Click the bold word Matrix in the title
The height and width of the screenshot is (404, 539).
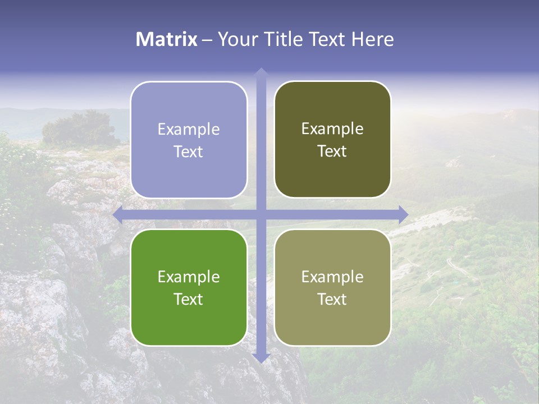[167, 39]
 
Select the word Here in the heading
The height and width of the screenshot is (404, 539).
[373, 39]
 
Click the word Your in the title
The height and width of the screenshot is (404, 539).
[236, 39]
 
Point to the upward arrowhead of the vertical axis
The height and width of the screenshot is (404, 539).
[261, 71]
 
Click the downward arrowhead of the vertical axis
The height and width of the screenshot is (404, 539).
[261, 357]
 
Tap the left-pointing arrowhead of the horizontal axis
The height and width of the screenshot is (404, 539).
[117, 214]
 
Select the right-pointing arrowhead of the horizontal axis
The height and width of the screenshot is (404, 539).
[404, 214]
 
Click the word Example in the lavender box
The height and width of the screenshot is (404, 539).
[189, 130]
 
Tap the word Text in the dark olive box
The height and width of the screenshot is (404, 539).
[332, 151]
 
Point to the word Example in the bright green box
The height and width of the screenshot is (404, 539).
[189, 277]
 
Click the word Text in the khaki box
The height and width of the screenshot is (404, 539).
[332, 300]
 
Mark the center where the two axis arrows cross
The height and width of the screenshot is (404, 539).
[261, 214]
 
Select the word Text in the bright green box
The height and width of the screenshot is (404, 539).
[189, 300]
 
